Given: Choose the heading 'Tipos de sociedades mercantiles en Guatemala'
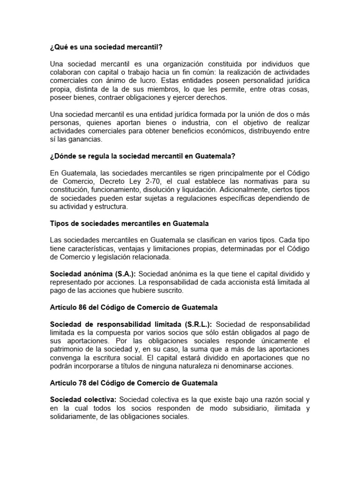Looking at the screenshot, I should pos(129,223).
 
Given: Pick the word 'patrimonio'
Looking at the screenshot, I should pos(67,349).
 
